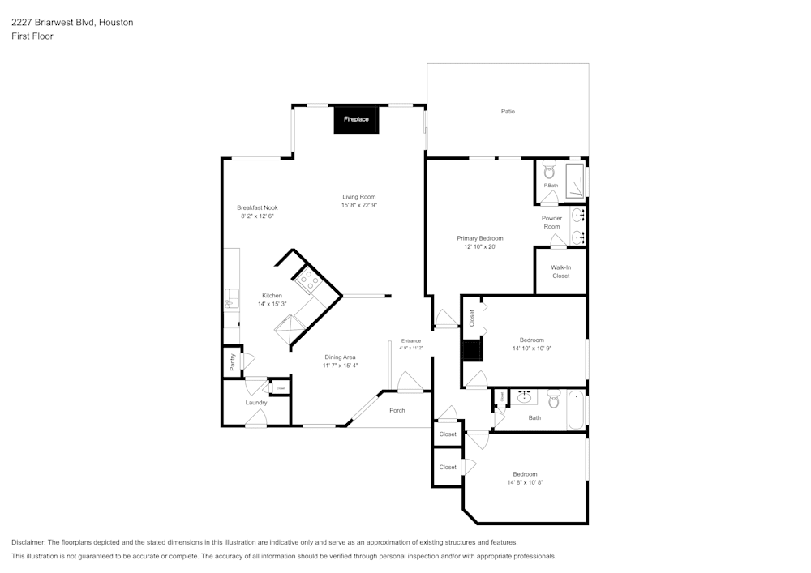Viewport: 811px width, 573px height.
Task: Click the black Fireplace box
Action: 356,119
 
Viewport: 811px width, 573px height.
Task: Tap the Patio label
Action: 508,111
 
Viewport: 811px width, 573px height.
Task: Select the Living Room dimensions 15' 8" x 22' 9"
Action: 358,205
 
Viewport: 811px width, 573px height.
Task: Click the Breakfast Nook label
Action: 257,207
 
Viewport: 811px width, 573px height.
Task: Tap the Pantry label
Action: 232,362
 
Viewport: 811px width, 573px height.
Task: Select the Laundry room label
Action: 256,403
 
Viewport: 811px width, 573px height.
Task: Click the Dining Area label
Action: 341,357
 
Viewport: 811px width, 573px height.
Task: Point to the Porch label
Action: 397,410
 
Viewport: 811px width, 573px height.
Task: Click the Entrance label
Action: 411,340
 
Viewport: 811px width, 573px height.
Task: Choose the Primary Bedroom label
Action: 480,238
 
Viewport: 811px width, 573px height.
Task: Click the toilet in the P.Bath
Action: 549,170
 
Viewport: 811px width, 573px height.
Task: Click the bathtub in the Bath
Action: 576,410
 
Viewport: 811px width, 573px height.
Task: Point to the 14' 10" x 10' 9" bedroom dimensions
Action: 531,348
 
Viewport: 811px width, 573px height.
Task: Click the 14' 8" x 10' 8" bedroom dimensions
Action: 525,482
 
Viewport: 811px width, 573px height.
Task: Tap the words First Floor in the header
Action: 32,36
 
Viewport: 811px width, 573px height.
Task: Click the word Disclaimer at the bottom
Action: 28,542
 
